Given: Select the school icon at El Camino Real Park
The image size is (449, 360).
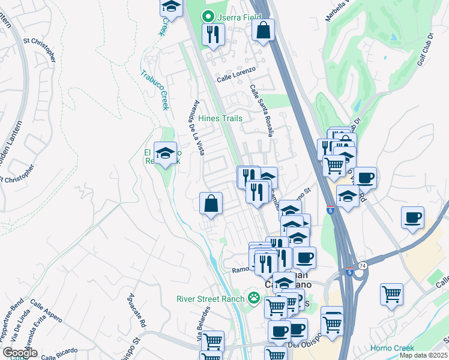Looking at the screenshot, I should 165,154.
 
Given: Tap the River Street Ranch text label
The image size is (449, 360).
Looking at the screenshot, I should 210,299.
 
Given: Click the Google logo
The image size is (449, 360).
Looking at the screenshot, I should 20,353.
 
